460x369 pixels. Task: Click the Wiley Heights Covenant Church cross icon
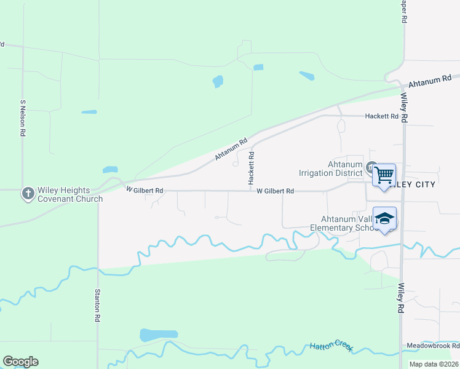[x=28, y=194]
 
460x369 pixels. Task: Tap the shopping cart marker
[x=384, y=176]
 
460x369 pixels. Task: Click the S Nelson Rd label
[x=23, y=118]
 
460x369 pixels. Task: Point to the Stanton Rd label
[x=97, y=306]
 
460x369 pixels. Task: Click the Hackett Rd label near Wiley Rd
[x=382, y=116]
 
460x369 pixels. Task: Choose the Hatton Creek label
[x=331, y=346]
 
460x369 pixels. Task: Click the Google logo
[x=20, y=362]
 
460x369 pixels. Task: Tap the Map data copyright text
[x=434, y=364]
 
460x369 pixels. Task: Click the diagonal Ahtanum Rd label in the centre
[x=231, y=149]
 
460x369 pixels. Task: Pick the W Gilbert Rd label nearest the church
[x=145, y=191]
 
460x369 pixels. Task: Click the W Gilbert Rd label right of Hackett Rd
[x=275, y=191]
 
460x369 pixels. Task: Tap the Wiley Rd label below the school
[x=402, y=298]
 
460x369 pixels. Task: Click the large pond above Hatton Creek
[x=159, y=335]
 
